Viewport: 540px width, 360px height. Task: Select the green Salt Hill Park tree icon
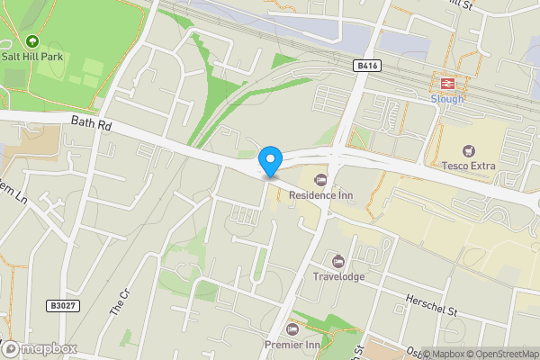pyautogui.click(x=32, y=40)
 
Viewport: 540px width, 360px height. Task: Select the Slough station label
pyautogui.click(x=446, y=98)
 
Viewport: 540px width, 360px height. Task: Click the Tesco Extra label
pyautogui.click(x=468, y=165)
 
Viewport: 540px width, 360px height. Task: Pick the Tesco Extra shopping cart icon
pyautogui.click(x=468, y=149)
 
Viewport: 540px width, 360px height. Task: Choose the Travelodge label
pyautogui.click(x=338, y=276)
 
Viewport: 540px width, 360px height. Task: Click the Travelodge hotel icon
pyautogui.click(x=338, y=261)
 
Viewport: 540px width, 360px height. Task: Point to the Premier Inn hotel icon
pyautogui.click(x=291, y=328)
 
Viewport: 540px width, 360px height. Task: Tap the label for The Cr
pyautogui.click(x=120, y=301)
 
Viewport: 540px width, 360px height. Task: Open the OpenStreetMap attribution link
pyautogui.click(x=499, y=354)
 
